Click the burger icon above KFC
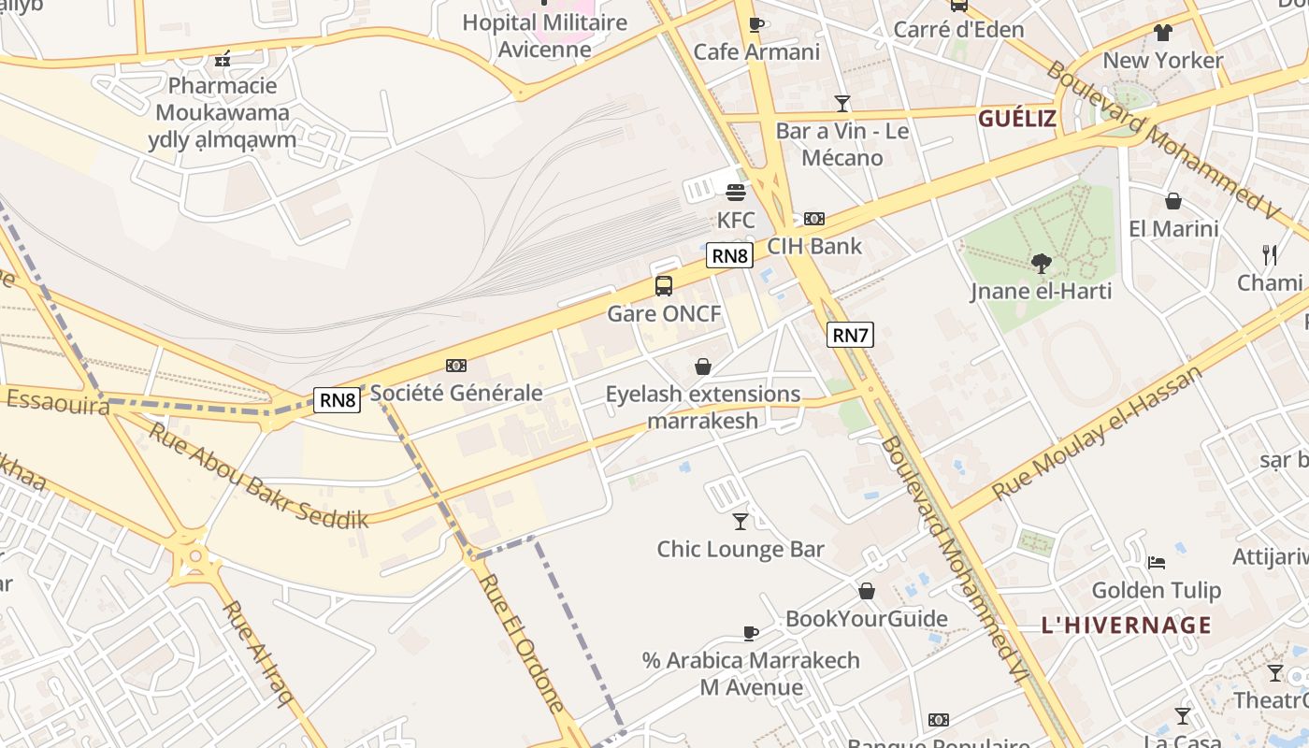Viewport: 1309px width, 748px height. coord(736,193)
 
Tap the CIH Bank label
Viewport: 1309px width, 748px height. coord(814,247)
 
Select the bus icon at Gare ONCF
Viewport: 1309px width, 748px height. coord(664,286)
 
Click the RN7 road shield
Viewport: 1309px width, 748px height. coord(850,335)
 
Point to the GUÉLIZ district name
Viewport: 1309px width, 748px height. coord(1016,119)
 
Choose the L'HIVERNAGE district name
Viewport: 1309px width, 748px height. coord(1126,626)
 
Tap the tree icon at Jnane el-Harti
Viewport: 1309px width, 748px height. coord(1041,264)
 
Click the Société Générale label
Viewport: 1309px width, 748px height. coord(456,393)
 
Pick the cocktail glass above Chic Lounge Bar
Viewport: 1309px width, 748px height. coord(741,522)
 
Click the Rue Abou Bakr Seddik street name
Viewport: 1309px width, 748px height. coord(258,476)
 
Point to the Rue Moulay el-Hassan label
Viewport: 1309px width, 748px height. coord(1097,433)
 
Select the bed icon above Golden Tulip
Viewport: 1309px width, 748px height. coord(1157,563)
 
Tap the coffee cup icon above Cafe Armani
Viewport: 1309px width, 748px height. coord(756,25)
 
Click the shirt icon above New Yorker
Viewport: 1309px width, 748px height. coord(1162,33)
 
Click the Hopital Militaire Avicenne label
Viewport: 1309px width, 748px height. coord(545,35)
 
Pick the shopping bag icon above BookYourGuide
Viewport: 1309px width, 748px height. coord(867,591)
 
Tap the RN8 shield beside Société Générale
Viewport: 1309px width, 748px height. coord(337,400)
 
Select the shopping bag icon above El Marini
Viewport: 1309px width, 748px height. coord(1172,201)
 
